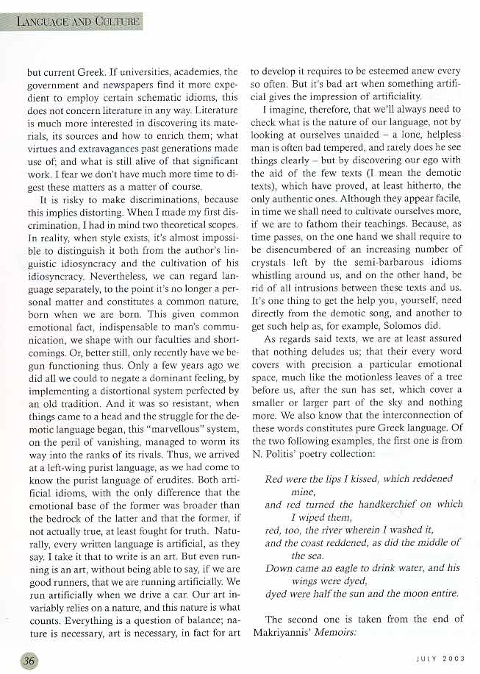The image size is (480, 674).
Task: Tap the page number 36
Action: tap(29, 659)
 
